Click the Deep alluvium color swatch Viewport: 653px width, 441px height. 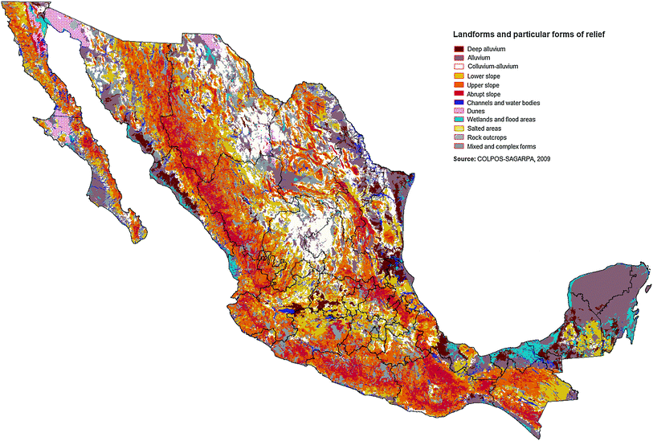coord(458,49)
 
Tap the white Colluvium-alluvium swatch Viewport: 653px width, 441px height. coord(458,67)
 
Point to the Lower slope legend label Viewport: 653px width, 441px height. coord(484,76)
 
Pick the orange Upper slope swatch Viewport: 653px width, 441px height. coord(458,84)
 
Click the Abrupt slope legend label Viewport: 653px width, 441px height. coord(484,94)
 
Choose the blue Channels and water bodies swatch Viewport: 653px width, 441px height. coord(458,103)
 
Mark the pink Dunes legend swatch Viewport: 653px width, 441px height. coord(458,111)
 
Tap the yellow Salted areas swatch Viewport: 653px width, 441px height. coord(458,129)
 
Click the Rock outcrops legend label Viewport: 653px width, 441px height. coord(486,137)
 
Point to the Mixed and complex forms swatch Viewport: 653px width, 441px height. coord(458,146)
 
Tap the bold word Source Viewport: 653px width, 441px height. coord(467,160)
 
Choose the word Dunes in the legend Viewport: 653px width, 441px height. coord(476,111)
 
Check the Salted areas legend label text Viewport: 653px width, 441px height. coord(484,129)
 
